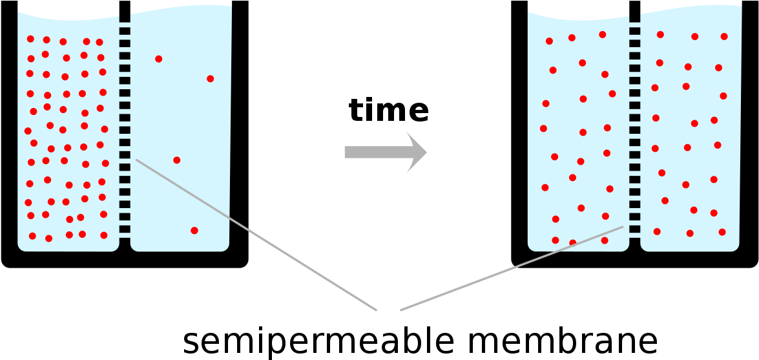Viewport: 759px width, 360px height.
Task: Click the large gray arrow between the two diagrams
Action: pos(381,153)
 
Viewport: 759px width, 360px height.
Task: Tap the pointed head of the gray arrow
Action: pos(420,153)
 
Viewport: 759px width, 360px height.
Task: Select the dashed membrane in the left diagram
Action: pos(125,123)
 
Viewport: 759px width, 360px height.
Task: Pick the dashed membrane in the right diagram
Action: pos(635,123)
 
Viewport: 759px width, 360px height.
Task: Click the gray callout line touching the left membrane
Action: pos(258,236)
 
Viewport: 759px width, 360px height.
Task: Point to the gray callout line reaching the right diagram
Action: pos(510,269)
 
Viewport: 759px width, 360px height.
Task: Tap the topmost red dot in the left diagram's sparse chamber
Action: pos(159,59)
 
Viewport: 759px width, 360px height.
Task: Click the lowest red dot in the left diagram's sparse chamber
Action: pos(194,231)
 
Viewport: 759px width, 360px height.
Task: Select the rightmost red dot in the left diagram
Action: pos(211,79)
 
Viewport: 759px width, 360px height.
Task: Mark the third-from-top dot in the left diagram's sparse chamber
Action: pos(177,160)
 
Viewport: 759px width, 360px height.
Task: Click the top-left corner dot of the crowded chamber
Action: pos(30,39)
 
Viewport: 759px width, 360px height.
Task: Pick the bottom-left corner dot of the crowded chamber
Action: pos(32,236)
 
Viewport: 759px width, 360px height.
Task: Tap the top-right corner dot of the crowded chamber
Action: pos(99,42)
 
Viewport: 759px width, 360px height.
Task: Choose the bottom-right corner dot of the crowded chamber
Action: pos(104,235)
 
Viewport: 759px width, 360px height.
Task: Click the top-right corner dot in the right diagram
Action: pos(724,37)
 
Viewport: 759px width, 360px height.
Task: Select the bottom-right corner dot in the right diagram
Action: pos(722,232)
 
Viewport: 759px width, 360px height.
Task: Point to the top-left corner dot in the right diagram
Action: pos(549,41)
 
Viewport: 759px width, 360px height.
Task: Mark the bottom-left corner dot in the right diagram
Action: pos(556,240)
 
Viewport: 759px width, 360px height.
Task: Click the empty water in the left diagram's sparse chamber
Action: pos(181,116)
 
